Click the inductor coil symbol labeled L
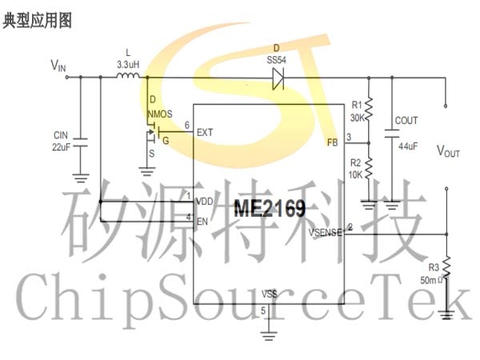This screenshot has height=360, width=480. (128, 75)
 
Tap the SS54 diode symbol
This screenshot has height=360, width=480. (278, 78)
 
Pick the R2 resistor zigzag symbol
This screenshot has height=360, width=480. (369, 168)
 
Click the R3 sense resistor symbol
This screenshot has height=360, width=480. (446, 268)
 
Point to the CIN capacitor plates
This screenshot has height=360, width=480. (81, 142)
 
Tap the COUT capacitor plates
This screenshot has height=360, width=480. (392, 134)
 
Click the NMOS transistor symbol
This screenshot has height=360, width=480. (153, 133)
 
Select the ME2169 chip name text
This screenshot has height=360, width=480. (270, 208)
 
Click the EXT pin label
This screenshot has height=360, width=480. (205, 133)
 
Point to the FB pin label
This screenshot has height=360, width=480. (333, 142)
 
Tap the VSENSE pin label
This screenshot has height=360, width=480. (325, 233)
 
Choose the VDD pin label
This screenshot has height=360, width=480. (205, 202)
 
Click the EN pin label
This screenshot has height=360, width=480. (202, 222)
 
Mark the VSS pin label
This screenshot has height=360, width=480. (270, 294)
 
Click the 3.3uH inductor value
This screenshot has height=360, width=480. (128, 65)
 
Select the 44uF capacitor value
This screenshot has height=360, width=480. (408, 146)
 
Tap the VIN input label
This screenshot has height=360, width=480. (58, 66)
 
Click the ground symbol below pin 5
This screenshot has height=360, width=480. (269, 336)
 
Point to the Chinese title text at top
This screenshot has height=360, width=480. (38, 21)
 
